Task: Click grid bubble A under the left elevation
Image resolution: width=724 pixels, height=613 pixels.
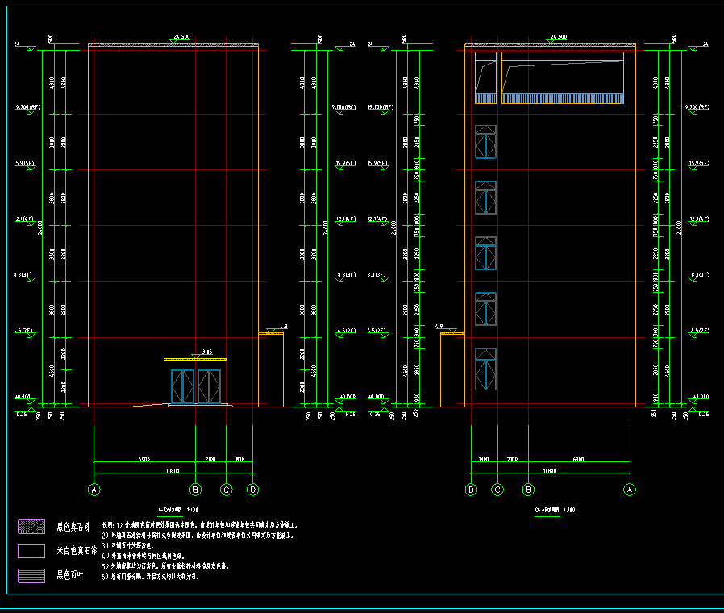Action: click(x=94, y=490)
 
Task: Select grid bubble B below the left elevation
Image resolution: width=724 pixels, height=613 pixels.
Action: click(x=195, y=490)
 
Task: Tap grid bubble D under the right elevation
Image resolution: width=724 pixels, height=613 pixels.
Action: click(x=472, y=490)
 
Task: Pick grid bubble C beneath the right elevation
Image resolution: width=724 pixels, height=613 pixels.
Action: click(x=497, y=490)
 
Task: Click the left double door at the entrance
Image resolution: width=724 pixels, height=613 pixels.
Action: click(x=182, y=386)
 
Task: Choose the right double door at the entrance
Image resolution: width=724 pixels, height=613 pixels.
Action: click(x=209, y=386)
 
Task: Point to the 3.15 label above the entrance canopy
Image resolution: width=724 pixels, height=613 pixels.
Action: click(x=207, y=352)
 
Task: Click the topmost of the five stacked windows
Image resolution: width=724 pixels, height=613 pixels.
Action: click(x=486, y=142)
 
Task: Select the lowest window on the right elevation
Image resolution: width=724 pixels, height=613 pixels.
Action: click(x=486, y=365)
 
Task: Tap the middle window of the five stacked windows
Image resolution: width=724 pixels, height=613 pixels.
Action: click(x=486, y=253)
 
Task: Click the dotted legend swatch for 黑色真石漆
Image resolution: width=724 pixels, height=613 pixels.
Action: click(x=31, y=527)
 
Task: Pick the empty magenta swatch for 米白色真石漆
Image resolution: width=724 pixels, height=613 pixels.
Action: click(x=31, y=552)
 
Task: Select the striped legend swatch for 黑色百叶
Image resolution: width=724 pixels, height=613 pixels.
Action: click(x=31, y=576)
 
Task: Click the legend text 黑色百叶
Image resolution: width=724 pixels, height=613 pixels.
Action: click(x=70, y=576)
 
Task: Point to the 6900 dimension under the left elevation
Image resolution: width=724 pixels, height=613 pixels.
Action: click(x=144, y=459)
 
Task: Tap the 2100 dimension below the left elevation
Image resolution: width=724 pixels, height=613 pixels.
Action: click(x=210, y=459)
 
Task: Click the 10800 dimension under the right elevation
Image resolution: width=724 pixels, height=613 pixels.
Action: click(x=551, y=469)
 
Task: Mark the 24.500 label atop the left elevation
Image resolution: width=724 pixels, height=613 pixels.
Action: click(x=181, y=37)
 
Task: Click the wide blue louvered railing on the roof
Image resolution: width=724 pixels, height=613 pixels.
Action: click(x=564, y=98)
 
